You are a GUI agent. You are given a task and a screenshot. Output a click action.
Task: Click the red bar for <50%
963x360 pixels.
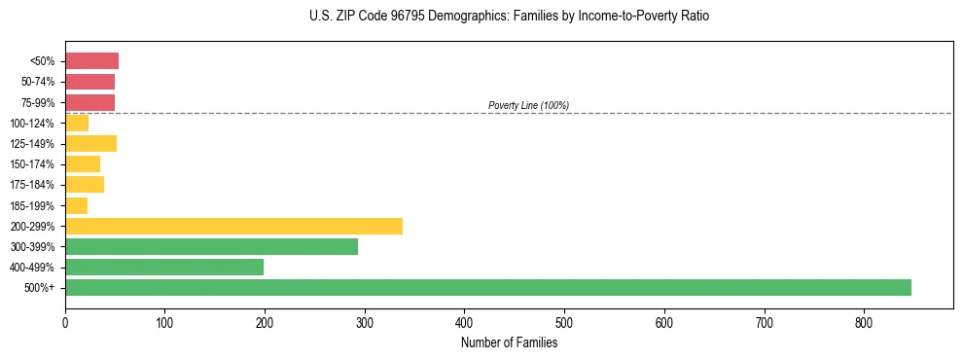click(x=91, y=61)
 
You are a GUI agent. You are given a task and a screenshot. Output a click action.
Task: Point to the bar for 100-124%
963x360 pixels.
click(x=77, y=123)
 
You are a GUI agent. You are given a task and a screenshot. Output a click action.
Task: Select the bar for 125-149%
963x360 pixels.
click(x=90, y=143)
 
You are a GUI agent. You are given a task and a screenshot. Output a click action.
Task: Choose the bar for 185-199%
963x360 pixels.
click(x=76, y=205)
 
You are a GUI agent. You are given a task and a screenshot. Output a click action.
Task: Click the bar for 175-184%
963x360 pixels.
click(x=85, y=185)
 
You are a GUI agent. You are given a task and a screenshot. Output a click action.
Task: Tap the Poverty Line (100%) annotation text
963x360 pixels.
click(x=528, y=105)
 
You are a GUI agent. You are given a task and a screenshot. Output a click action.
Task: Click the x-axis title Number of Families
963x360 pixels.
click(x=509, y=342)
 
